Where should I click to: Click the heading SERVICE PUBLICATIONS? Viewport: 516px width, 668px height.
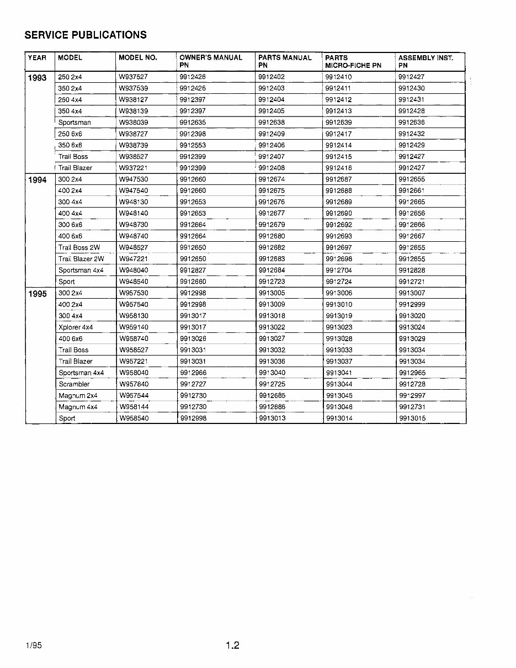(x=86, y=35)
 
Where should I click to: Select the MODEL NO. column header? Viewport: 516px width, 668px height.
(x=138, y=57)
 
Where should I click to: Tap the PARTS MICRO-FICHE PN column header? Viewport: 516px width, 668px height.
(x=353, y=61)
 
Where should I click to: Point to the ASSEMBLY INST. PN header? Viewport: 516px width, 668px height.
(x=425, y=61)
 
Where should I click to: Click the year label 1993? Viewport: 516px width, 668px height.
(x=38, y=77)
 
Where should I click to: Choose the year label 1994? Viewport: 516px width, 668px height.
(x=38, y=180)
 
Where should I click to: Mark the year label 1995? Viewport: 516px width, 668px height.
(x=38, y=294)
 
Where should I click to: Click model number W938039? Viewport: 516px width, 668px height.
(x=133, y=123)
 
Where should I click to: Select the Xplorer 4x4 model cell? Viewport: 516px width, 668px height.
(x=76, y=327)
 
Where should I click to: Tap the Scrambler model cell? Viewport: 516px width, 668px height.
(x=74, y=384)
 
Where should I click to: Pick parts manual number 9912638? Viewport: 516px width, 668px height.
(x=272, y=123)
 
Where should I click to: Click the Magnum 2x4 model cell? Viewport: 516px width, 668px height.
(x=78, y=396)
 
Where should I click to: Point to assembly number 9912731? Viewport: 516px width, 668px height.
(x=412, y=407)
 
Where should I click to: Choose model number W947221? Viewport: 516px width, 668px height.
(x=133, y=259)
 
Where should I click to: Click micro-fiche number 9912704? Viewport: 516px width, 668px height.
(x=339, y=271)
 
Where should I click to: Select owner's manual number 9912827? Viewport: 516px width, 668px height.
(x=193, y=271)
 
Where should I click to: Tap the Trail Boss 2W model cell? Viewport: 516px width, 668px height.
(x=79, y=248)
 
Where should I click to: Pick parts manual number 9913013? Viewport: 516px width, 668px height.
(x=272, y=418)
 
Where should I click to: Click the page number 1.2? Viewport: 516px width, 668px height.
(x=232, y=645)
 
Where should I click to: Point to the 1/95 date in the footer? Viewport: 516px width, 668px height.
(x=33, y=645)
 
